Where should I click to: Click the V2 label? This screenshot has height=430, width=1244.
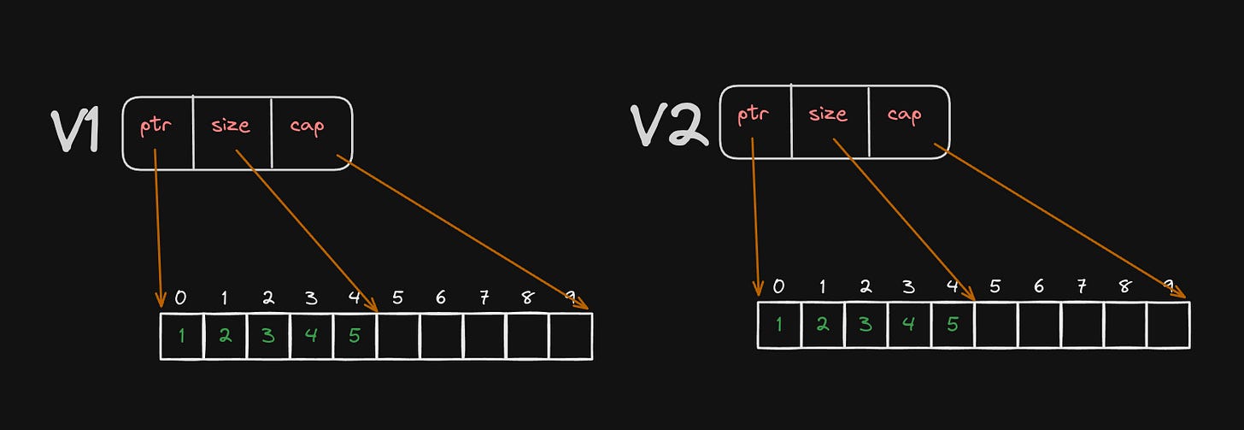tap(670, 125)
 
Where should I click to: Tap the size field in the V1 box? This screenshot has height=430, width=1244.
tap(232, 126)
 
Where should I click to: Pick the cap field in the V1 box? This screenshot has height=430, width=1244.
tap(308, 127)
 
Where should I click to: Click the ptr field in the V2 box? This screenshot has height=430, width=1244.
tap(753, 114)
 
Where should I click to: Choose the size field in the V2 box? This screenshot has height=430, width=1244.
tap(828, 114)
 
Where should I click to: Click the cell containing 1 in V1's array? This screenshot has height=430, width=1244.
tap(182, 336)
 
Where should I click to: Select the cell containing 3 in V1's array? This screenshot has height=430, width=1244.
tap(268, 336)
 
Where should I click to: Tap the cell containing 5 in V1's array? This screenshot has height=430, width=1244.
tap(355, 336)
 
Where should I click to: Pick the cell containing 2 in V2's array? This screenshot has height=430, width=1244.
tap(822, 325)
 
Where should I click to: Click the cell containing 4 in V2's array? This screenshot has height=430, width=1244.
tap(909, 325)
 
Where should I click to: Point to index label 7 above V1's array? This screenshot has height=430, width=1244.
tap(484, 297)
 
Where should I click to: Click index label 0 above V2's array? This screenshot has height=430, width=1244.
tap(778, 286)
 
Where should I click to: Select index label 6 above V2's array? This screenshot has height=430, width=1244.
tap(1038, 286)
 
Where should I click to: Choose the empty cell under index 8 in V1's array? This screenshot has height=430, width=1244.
tap(527, 336)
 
